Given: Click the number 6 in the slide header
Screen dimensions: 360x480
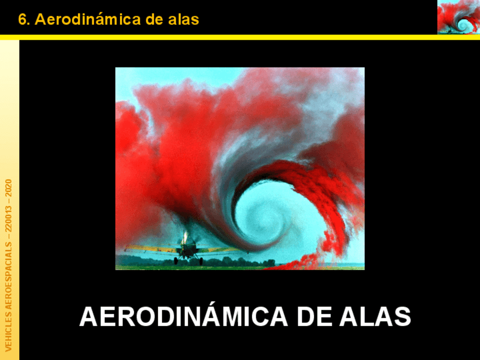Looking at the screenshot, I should point(22,20).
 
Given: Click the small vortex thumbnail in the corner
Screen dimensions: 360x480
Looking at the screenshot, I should point(458,17).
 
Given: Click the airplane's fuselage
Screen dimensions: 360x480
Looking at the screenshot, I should point(188,247).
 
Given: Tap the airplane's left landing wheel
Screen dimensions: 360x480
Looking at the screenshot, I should point(176,261).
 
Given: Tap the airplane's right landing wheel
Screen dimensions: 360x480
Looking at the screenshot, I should point(200,261).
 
